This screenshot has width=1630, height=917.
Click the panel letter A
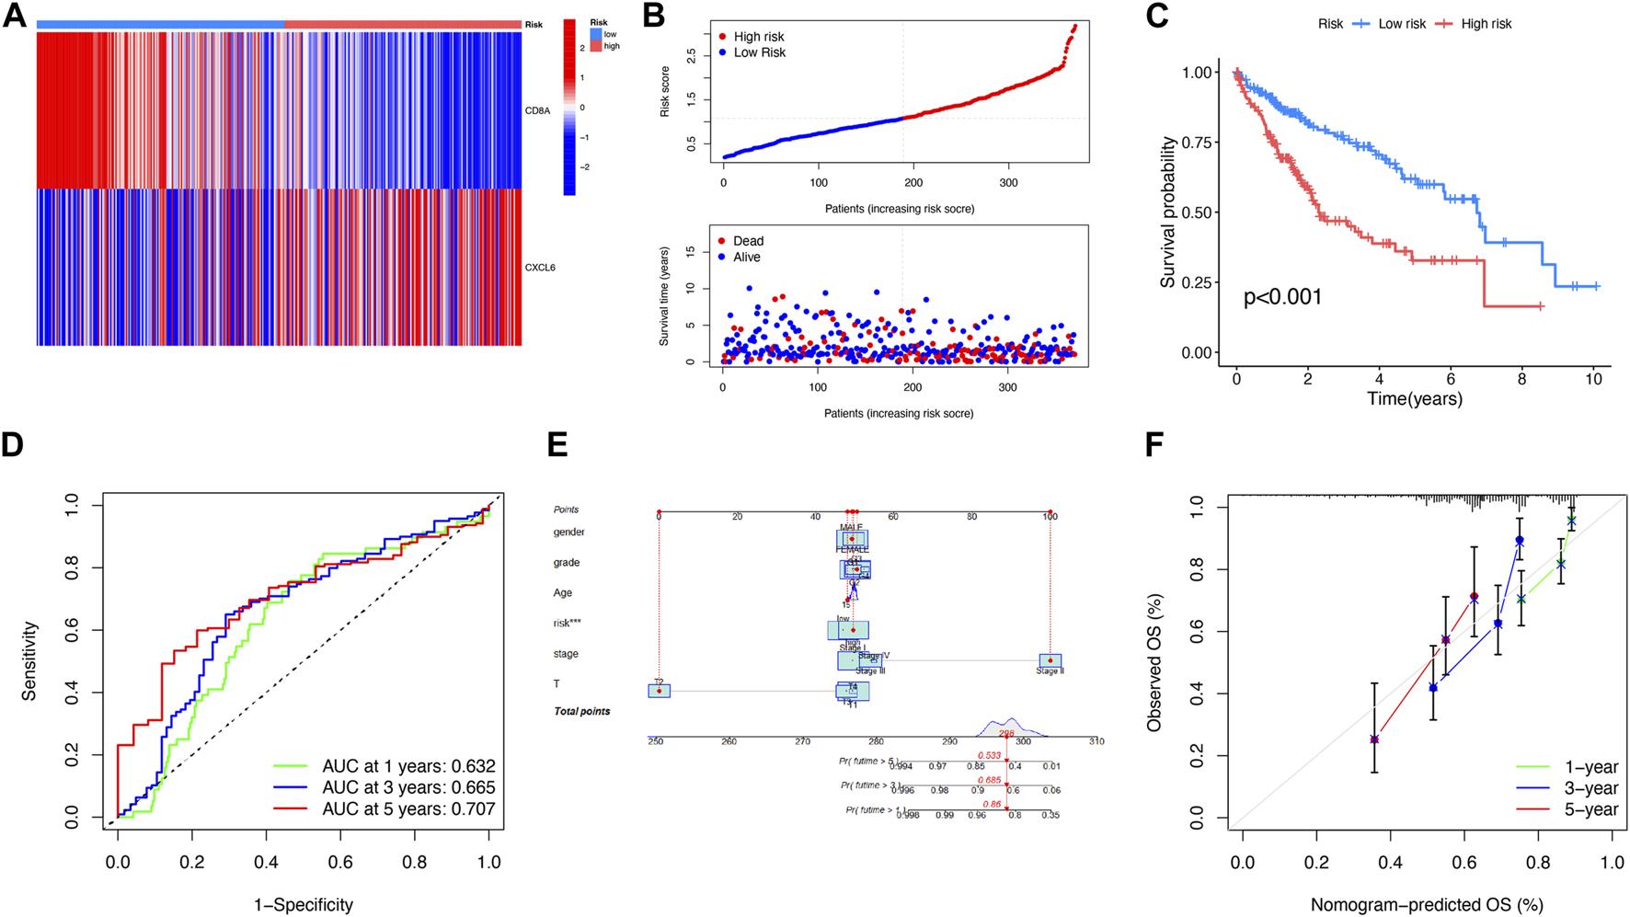(x=15, y=17)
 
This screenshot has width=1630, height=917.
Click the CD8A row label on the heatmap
(x=537, y=111)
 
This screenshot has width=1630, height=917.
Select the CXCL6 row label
(x=540, y=268)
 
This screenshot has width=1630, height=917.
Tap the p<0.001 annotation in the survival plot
(x=1282, y=297)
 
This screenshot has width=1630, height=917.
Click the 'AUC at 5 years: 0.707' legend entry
(x=407, y=809)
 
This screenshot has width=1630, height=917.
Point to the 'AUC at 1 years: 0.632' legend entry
(x=407, y=766)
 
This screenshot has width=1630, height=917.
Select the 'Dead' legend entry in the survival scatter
(x=748, y=241)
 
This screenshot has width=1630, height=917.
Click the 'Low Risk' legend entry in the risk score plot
(x=759, y=52)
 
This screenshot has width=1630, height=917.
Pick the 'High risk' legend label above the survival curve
(x=1486, y=24)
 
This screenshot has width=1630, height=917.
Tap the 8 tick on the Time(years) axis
(x=1521, y=379)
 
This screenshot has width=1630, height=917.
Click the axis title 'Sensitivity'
(x=29, y=660)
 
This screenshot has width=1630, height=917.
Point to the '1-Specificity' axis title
(x=304, y=905)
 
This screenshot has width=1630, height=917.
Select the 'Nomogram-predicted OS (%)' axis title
(x=1427, y=905)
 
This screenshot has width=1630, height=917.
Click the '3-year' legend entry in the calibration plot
(x=1590, y=788)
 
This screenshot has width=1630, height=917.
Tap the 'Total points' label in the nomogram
(x=581, y=711)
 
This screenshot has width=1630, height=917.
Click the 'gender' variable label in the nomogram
(x=568, y=533)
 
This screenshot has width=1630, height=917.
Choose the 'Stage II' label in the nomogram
(x=1049, y=671)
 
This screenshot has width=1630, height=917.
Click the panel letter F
(x=1154, y=445)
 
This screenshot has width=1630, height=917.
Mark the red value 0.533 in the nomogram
(x=989, y=755)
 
